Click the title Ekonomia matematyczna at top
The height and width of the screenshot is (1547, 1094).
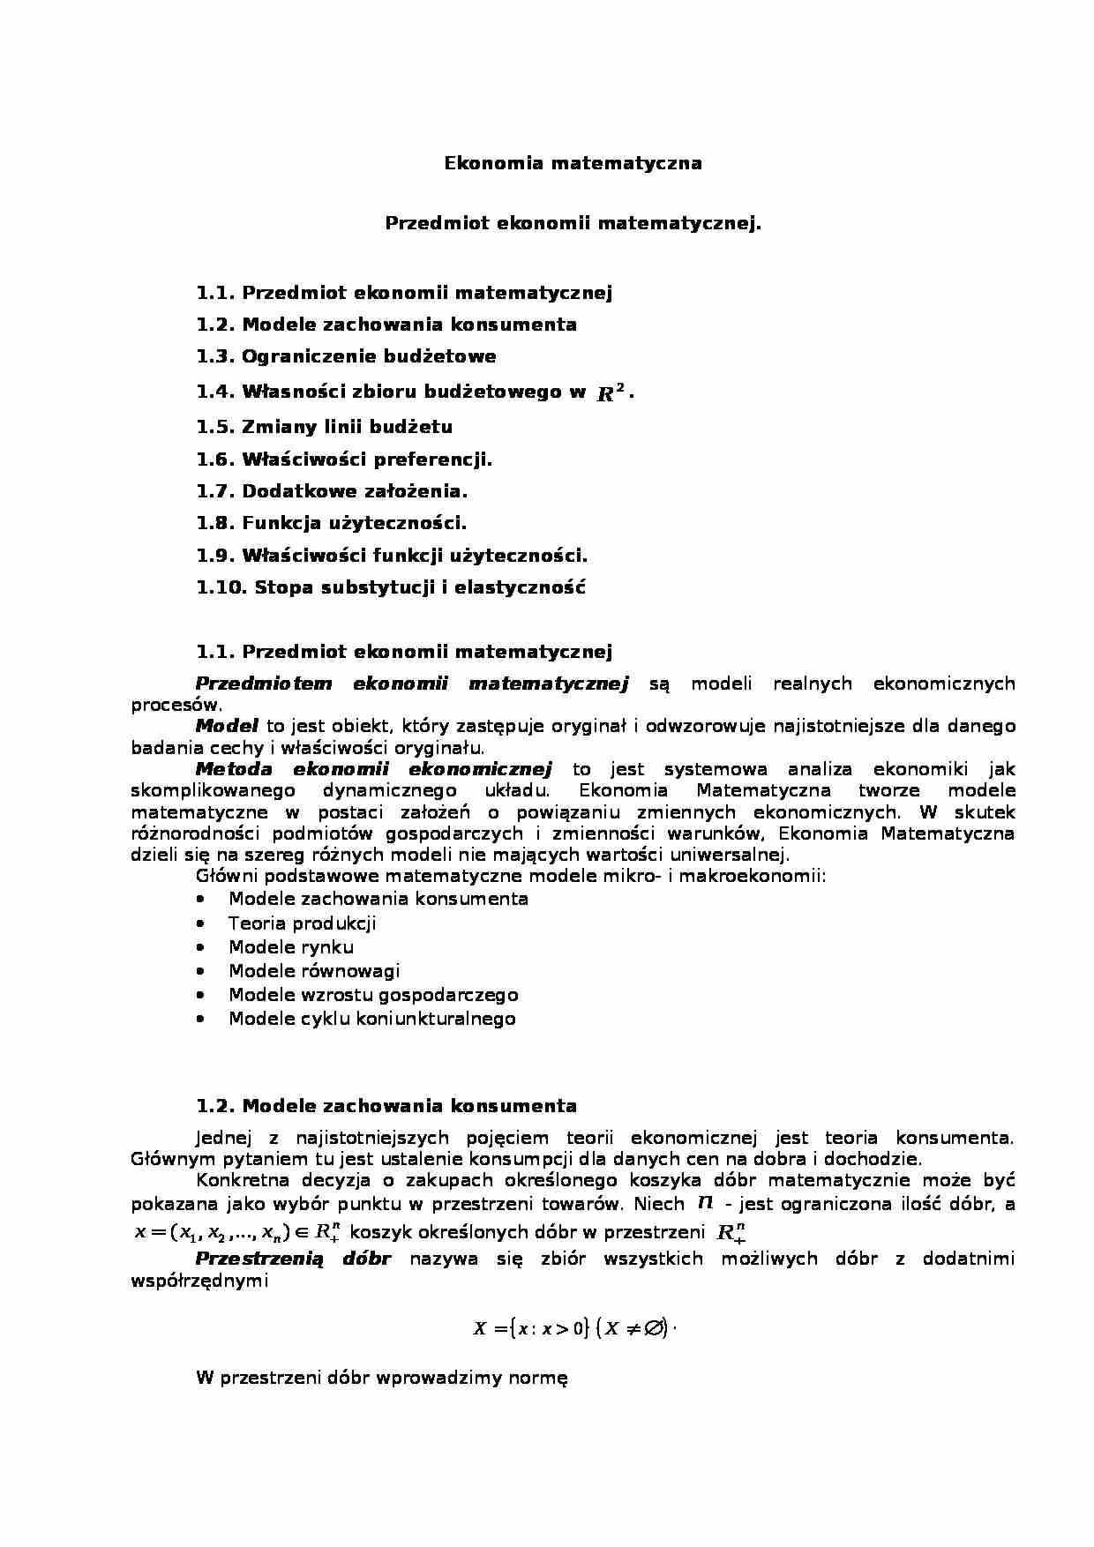point(573,163)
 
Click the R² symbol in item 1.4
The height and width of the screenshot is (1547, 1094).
point(611,392)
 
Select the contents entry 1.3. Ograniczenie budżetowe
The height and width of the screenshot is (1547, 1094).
point(346,356)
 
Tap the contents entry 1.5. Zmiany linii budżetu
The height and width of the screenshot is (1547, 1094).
point(324,427)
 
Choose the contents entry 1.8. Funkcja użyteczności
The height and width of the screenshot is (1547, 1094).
point(331,523)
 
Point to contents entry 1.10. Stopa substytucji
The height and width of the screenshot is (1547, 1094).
point(391,587)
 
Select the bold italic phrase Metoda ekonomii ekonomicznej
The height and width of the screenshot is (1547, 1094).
point(373,769)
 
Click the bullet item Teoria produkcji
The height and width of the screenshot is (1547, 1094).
point(302,923)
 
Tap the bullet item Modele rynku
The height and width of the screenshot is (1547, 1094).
point(291,947)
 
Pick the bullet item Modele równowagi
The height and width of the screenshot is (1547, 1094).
point(314,971)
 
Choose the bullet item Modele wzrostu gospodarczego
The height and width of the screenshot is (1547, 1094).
point(373,995)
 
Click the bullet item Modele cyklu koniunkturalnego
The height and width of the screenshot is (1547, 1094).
point(371,1019)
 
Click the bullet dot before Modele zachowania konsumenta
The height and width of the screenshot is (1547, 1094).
point(203,899)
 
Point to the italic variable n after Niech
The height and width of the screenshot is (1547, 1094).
point(705,1203)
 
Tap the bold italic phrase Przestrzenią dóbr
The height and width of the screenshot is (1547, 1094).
point(293,1259)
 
